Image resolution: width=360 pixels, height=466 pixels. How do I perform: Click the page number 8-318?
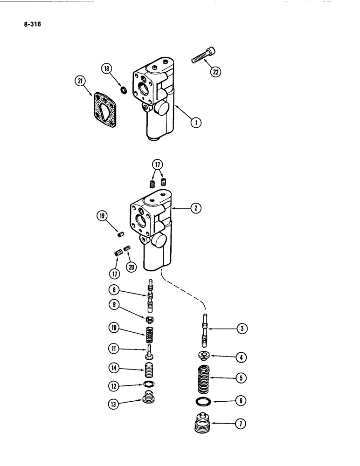point(29,27)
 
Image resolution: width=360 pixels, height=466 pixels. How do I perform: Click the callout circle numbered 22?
point(216,72)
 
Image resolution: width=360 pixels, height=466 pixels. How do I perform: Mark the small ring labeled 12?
point(148,385)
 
